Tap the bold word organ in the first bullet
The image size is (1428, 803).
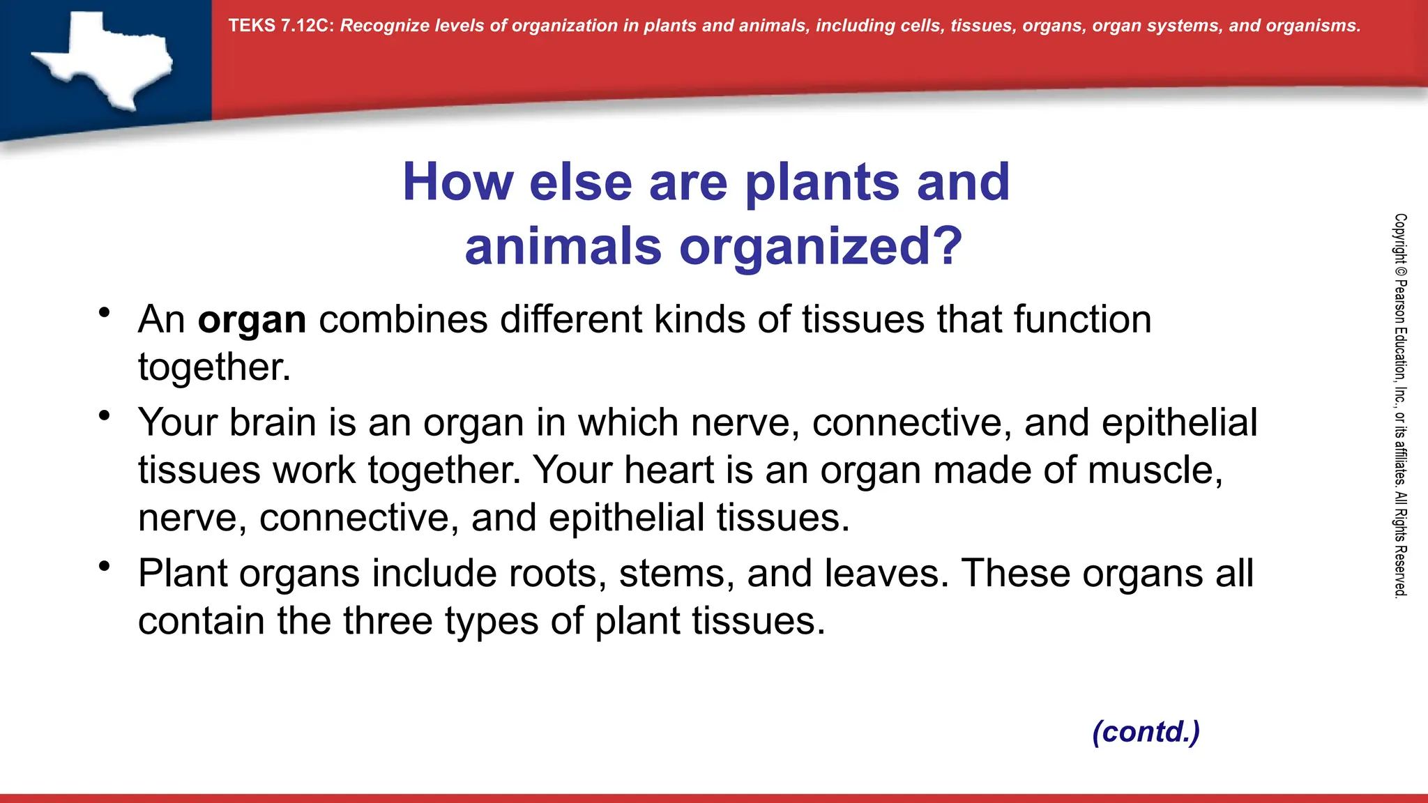click(x=252, y=320)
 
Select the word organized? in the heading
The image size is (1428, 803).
click(x=821, y=247)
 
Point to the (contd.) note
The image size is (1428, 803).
click(x=1146, y=731)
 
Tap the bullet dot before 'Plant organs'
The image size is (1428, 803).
click(x=105, y=566)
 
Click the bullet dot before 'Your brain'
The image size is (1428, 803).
click(x=105, y=416)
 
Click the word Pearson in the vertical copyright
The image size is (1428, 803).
click(x=1400, y=301)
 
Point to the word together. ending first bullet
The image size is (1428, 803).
click(x=214, y=367)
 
